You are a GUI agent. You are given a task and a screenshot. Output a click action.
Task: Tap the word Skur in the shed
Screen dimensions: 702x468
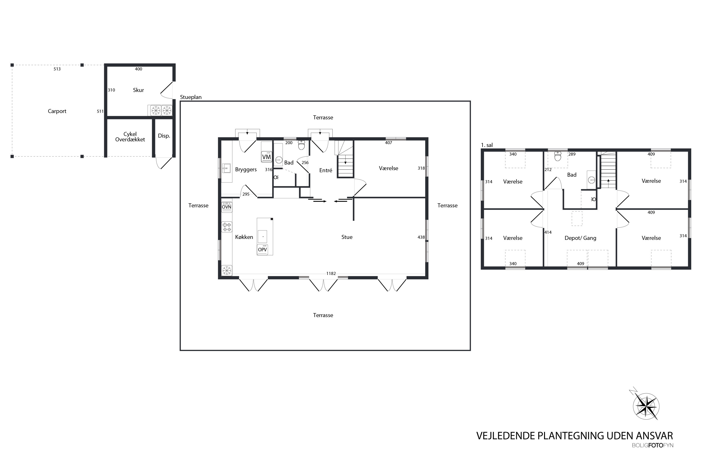(x=139, y=90)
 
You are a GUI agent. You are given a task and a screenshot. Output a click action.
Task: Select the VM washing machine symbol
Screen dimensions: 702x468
(x=267, y=157)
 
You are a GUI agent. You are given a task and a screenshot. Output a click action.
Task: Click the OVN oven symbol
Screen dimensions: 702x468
(x=227, y=207)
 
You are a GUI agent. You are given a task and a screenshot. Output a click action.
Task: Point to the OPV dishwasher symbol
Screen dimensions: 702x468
(x=262, y=249)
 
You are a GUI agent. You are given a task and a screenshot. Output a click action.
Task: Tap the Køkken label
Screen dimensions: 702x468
(x=244, y=237)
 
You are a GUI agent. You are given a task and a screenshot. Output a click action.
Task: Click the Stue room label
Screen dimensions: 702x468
(x=347, y=237)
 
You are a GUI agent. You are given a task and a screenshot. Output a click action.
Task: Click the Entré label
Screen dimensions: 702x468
(x=326, y=170)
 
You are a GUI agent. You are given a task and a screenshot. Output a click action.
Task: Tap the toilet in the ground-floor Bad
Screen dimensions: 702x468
(x=301, y=145)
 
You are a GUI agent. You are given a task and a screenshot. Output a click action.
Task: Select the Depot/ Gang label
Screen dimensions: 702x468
(x=580, y=238)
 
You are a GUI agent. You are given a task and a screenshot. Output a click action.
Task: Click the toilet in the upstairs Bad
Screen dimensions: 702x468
(x=558, y=156)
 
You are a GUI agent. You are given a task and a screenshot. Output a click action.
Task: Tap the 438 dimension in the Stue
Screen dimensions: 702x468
(x=421, y=237)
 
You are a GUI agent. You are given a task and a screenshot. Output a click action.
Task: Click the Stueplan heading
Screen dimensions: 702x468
(x=191, y=97)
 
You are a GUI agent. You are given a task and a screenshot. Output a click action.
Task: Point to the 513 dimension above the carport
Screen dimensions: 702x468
(x=57, y=69)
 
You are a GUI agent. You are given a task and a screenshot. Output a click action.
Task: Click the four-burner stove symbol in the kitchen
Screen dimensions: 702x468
(x=227, y=227)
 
